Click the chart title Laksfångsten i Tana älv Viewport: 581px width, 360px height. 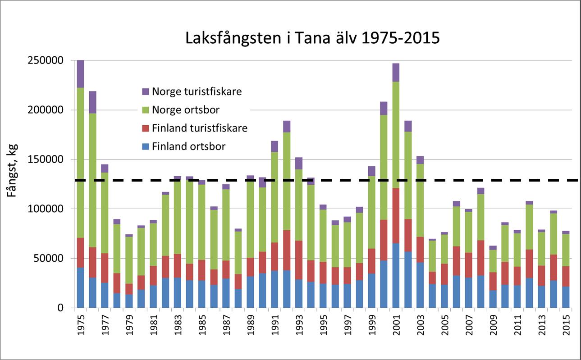click(312, 38)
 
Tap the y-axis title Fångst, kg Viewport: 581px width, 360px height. click(12, 184)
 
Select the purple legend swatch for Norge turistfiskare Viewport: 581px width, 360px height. click(145, 91)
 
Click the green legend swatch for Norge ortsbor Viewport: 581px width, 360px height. click(145, 110)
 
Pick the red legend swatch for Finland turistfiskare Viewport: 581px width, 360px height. click(145, 128)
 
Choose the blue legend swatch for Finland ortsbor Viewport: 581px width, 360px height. click(145, 146)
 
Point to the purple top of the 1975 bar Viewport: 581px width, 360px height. click(81, 74)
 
